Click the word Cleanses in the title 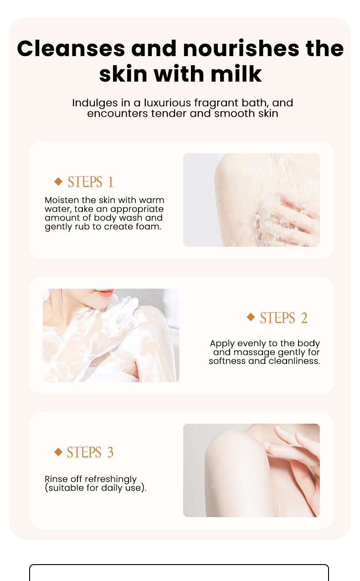coord(71,48)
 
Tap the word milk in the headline coord(236,74)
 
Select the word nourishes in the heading coord(241,48)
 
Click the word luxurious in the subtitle coord(167,103)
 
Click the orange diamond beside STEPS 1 coord(59,181)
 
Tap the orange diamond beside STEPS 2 coord(251,316)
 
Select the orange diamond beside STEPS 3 coord(58,452)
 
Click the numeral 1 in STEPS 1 coord(111,182)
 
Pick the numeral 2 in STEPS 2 coord(304,318)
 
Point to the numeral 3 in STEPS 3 coord(110,452)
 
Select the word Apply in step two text coord(222,344)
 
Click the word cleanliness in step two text coord(294,361)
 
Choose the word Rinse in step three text coord(56,479)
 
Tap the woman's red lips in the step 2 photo coord(104,293)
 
